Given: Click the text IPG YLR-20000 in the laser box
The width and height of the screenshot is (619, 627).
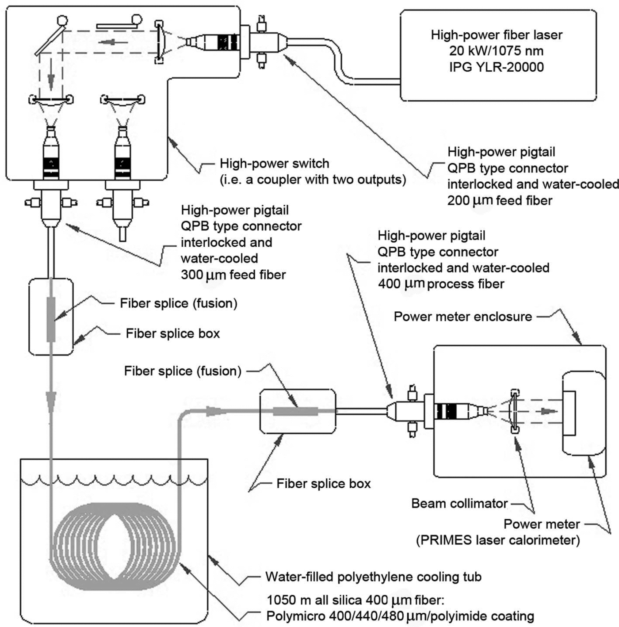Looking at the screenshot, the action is coord(497,67).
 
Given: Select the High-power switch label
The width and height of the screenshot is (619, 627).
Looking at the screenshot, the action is coord(275,163).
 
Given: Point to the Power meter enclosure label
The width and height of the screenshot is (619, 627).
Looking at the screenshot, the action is coord(463,317).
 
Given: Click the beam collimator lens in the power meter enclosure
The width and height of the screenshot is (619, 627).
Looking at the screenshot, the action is coord(514,411).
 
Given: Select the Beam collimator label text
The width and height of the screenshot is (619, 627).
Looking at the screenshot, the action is coord(459,504).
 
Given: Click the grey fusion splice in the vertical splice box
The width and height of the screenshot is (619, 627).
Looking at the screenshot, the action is coord(51,319).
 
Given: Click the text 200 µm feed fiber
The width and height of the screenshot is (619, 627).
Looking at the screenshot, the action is coord(500,200).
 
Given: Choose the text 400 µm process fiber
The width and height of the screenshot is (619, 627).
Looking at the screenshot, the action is coord(441,284).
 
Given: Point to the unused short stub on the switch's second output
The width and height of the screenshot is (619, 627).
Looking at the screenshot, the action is coord(122,235).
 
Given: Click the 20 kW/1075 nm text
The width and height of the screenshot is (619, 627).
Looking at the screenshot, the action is coord(497,51).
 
